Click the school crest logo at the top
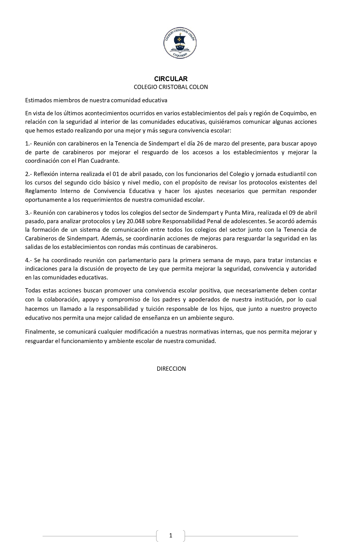[x=180, y=43]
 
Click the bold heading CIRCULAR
[x=171, y=79]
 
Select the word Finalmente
[x=40, y=332]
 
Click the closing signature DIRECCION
[x=171, y=369]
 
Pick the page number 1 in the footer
[x=171, y=535]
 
